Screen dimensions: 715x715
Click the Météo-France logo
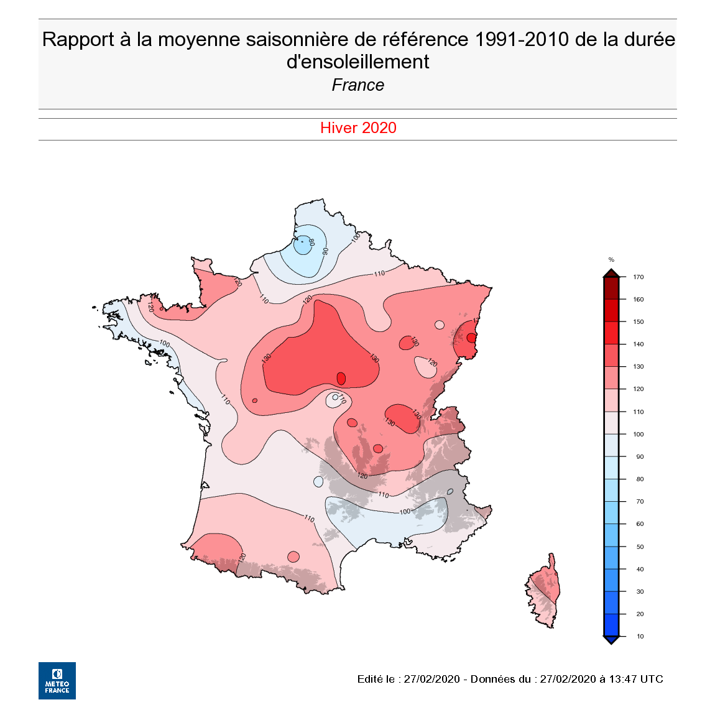[57, 680]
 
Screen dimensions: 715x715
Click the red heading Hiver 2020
[358, 128]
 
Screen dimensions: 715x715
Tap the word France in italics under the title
[358, 85]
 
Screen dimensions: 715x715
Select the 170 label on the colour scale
[639, 277]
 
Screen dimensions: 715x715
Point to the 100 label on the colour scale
[639, 434]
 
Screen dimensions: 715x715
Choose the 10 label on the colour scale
[640, 637]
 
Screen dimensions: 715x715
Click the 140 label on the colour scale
[639, 344]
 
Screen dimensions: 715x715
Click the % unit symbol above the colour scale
[611, 260]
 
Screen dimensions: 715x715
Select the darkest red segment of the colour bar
[611, 288]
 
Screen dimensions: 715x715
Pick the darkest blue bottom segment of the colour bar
[611, 624]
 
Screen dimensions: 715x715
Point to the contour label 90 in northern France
[325, 251]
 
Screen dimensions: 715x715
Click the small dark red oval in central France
[341, 379]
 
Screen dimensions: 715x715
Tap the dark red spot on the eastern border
[471, 338]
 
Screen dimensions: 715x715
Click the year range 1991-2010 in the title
[522, 39]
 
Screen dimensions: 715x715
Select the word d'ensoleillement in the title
[358, 62]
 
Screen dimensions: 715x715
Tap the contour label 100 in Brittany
[164, 343]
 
